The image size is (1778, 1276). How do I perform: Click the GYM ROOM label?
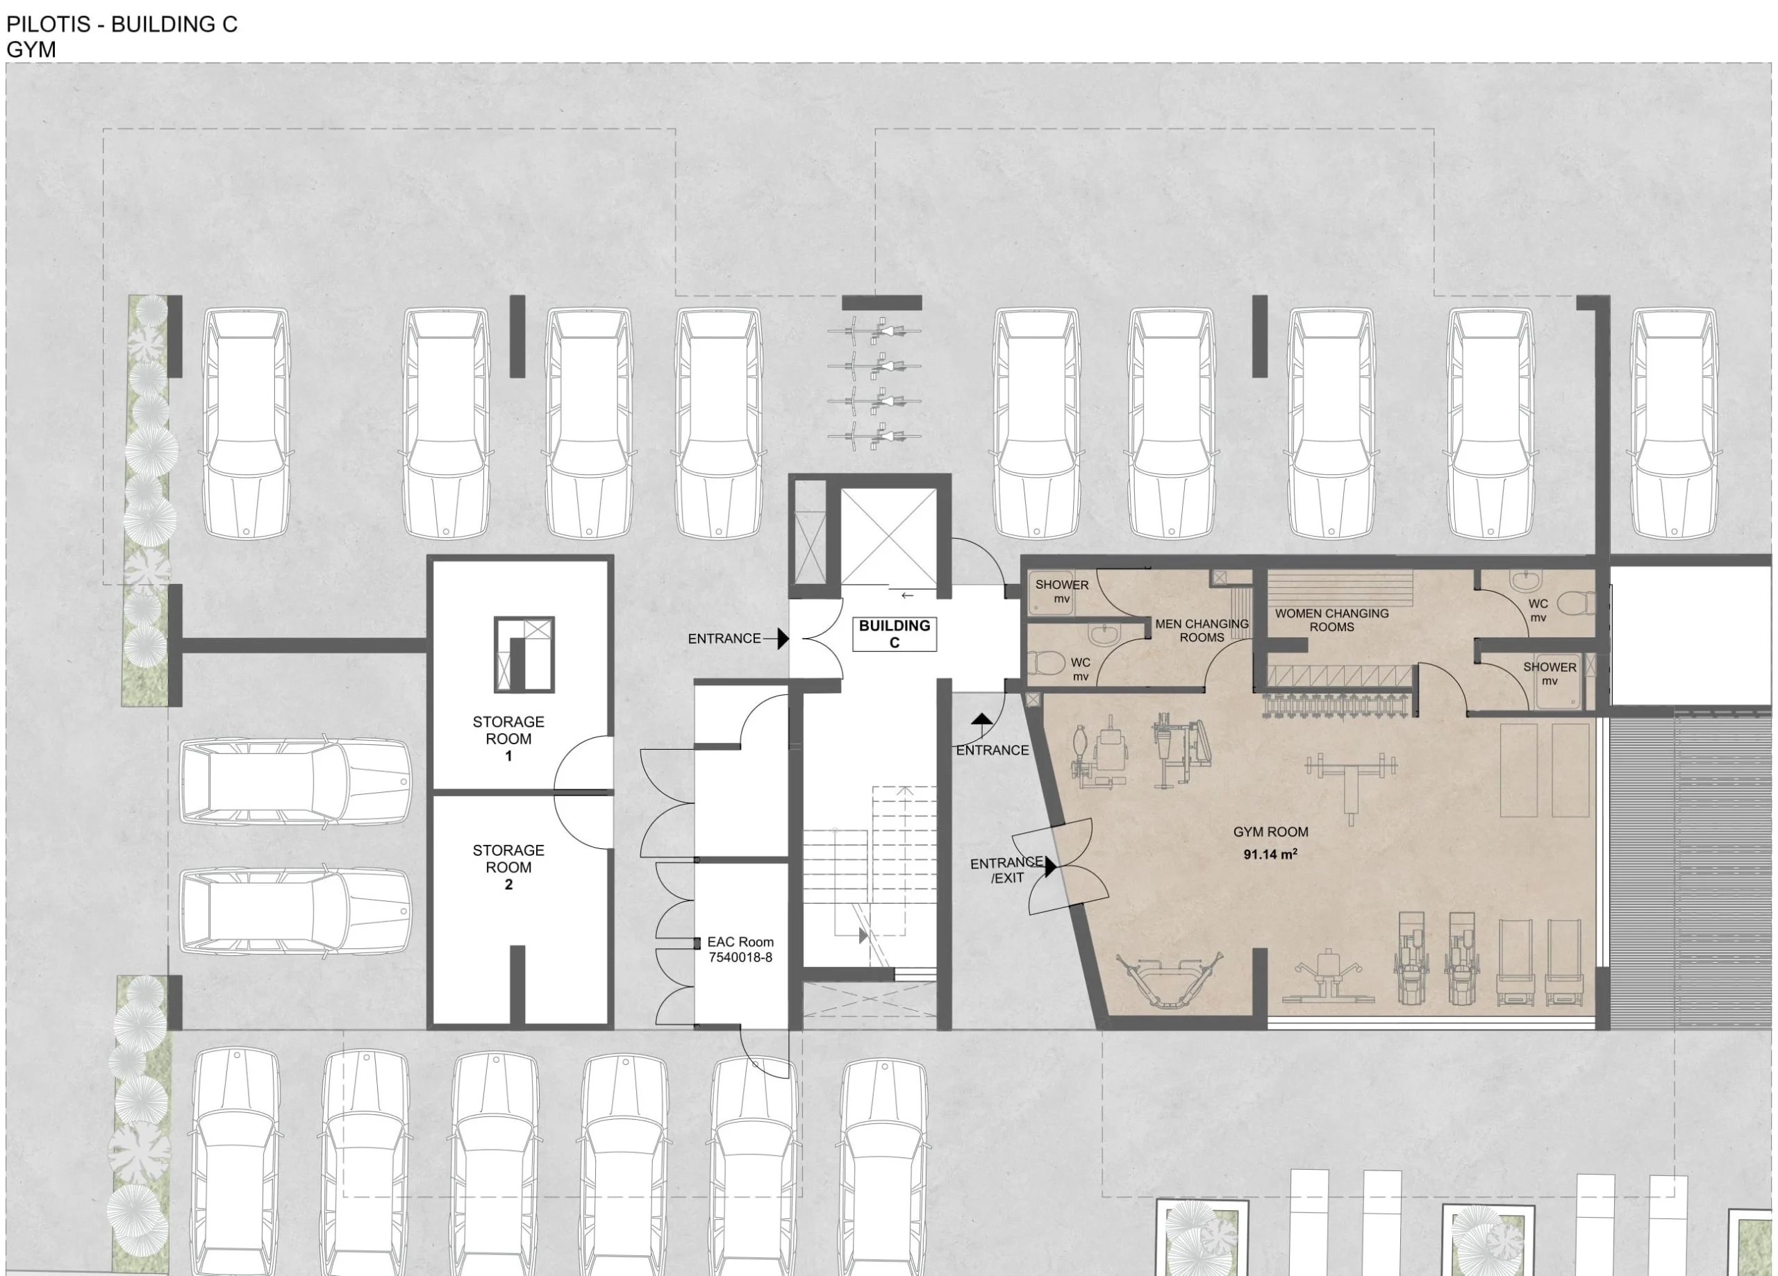1270,832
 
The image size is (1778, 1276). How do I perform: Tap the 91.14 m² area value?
1270,853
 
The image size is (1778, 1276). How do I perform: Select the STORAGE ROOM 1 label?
508,739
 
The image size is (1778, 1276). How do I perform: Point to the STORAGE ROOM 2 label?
508,867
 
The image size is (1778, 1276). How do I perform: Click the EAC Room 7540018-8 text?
740,949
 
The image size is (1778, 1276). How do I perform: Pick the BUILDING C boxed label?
895,633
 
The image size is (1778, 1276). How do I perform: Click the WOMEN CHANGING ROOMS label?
1331,620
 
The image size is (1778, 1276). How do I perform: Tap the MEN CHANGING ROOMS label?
1202,630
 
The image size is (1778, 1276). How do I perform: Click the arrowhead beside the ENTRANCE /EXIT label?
1051,866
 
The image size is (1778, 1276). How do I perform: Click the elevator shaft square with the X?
888,537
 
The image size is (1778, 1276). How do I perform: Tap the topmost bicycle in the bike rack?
875,330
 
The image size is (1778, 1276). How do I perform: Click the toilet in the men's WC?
1045,664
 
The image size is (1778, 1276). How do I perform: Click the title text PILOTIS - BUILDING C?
122,24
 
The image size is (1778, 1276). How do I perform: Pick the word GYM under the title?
31,49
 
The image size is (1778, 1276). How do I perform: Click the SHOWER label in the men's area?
1061,585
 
